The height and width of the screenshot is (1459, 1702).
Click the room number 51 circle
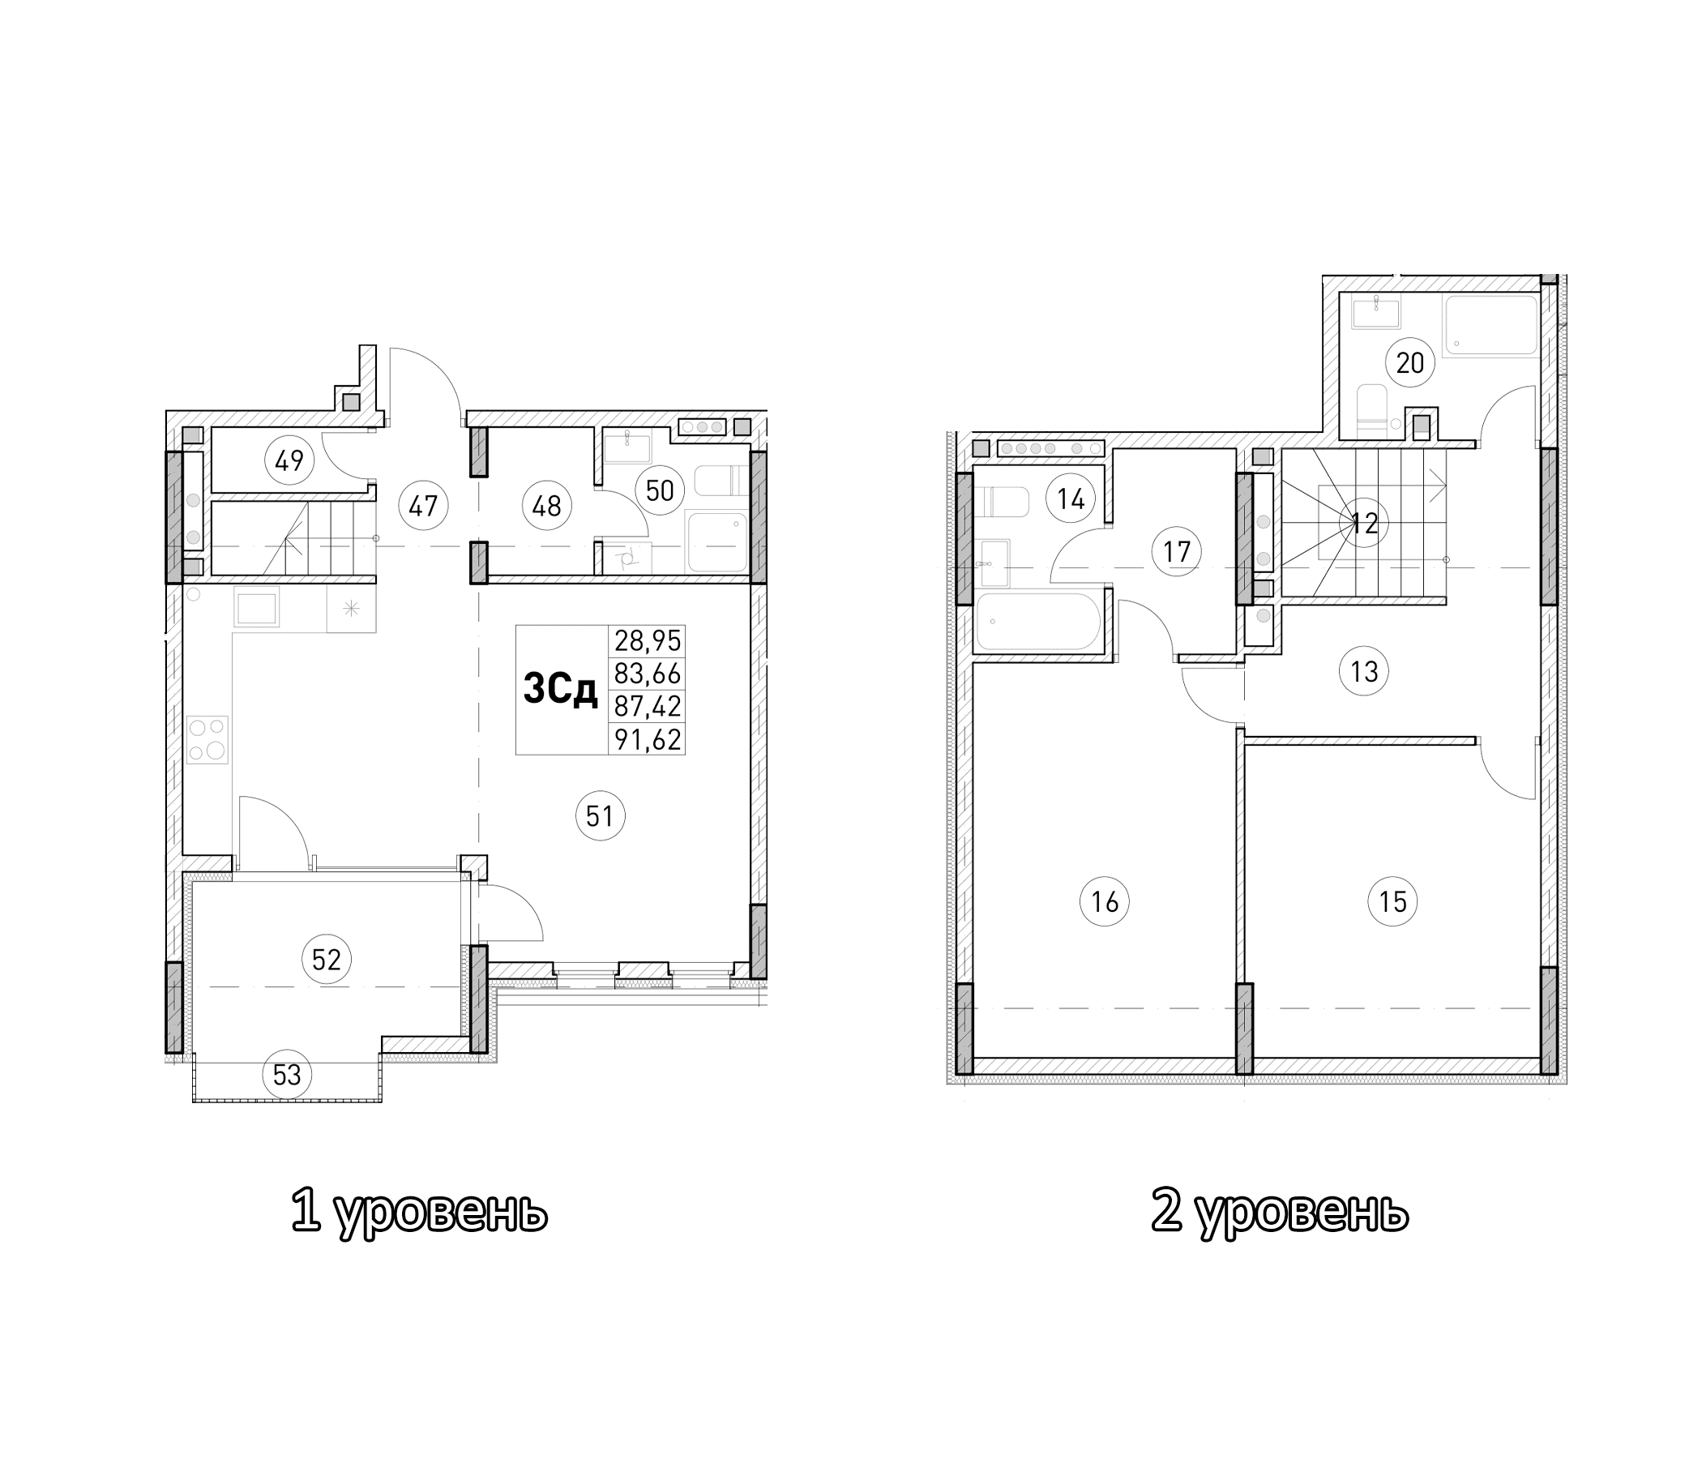[x=601, y=815]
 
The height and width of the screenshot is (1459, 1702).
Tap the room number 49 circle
[x=289, y=461]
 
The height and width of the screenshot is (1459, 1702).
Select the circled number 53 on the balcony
[x=287, y=1075]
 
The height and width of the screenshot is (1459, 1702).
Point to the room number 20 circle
[x=1409, y=362]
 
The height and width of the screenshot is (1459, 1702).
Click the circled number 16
[x=1104, y=902]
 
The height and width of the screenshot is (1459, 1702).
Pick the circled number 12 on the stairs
[x=1364, y=524]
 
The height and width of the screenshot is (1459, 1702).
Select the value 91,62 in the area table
[x=648, y=739]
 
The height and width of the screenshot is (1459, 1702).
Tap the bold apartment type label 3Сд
[x=560, y=691]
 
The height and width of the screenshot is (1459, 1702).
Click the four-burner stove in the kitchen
[x=207, y=739]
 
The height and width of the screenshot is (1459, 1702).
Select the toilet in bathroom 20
[x=1371, y=410]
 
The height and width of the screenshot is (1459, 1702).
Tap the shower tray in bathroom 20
[x=1490, y=326]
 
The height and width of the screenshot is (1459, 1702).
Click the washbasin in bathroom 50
[x=627, y=447]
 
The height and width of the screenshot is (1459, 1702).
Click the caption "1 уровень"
[x=419, y=1212]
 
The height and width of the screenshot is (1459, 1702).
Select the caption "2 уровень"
[x=1280, y=1212]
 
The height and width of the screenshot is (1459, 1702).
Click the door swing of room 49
[x=344, y=460]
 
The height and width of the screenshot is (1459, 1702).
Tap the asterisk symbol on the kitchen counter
[x=351, y=609]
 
